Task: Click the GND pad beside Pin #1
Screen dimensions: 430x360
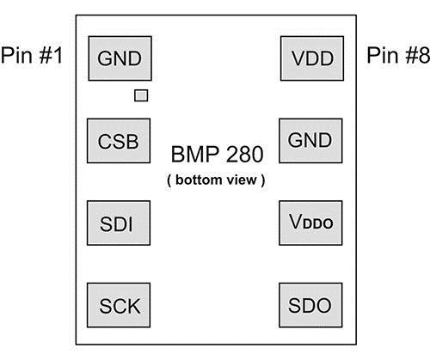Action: pos(120,58)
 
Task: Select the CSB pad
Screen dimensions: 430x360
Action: pos(119,141)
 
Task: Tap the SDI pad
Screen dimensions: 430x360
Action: pos(119,223)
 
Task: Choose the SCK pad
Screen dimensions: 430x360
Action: pos(119,305)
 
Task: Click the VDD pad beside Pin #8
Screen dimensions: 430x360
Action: pos(312,58)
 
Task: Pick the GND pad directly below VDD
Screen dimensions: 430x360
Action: pos(310,141)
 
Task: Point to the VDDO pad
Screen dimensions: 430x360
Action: pos(310,223)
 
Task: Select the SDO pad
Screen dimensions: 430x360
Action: pos(310,305)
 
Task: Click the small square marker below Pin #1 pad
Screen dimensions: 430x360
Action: pos(141,95)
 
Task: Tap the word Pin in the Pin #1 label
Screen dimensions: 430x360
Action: pos(16,55)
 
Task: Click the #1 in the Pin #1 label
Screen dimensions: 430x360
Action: pos(51,55)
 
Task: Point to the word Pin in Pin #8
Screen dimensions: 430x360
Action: pos(383,55)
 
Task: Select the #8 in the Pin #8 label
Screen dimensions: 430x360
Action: pos(418,55)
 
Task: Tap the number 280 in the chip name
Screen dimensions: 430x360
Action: pos(245,154)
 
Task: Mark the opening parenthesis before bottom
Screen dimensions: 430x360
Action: pos(169,180)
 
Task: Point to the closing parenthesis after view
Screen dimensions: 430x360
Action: pos(263,180)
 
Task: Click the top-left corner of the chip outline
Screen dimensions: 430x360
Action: pos(76,15)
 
